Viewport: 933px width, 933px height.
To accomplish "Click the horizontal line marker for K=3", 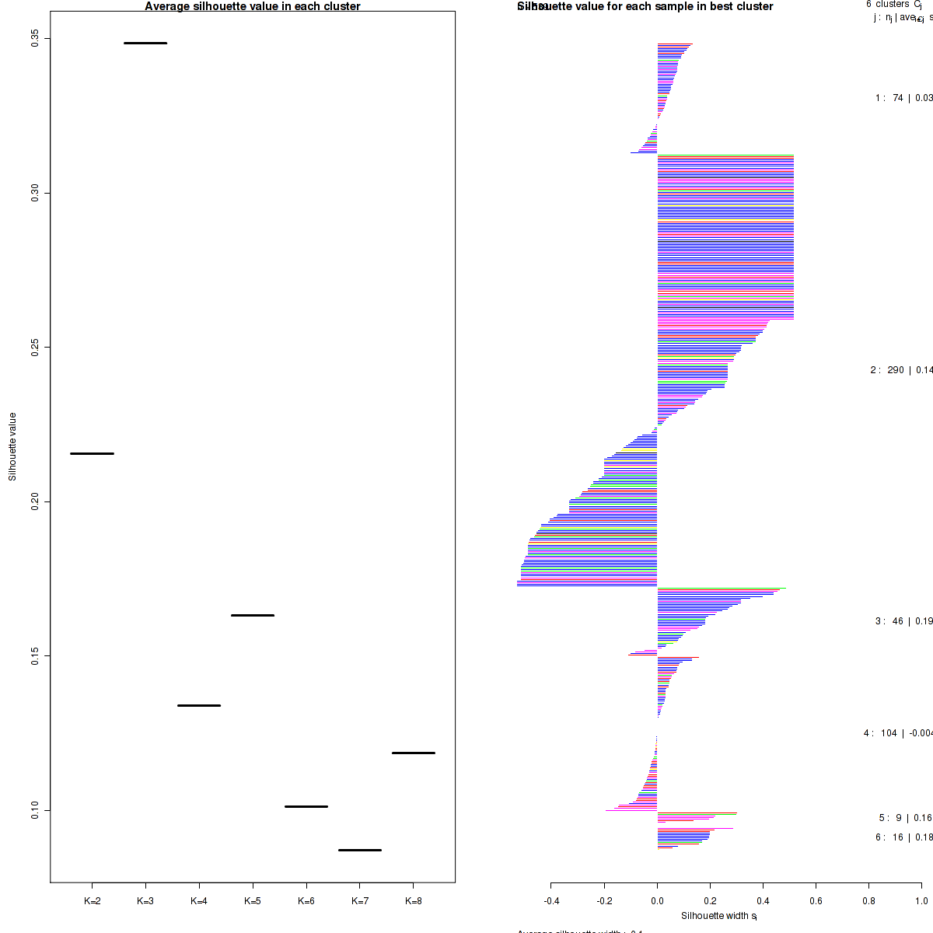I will [x=145, y=43].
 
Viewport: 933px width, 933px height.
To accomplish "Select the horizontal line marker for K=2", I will [x=92, y=453].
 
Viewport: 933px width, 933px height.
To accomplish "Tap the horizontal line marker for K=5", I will [x=253, y=615].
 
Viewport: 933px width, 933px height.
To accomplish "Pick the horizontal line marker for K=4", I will [x=199, y=705].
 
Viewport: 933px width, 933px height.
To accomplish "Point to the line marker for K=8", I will [x=414, y=753].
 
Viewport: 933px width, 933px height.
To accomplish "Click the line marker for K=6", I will [x=306, y=806].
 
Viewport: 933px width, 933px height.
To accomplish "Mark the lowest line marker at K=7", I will [x=360, y=850].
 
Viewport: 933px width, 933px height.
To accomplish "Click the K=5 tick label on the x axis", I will [x=253, y=901].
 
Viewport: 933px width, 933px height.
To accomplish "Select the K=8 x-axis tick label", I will [x=414, y=901].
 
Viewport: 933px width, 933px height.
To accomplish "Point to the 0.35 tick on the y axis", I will [x=36, y=39].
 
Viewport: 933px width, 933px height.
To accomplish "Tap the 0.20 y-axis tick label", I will [x=36, y=501].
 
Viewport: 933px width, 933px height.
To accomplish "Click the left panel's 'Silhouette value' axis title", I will [x=12, y=446].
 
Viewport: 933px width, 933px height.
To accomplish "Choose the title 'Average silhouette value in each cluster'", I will [x=253, y=6].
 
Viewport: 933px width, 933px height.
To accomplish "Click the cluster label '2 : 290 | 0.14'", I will [x=901, y=370].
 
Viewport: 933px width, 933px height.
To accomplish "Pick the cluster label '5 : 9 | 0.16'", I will [x=905, y=818].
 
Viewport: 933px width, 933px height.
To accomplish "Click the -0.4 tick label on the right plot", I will [x=550, y=902].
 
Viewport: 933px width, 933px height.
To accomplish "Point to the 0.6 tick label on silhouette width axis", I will [x=816, y=902].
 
